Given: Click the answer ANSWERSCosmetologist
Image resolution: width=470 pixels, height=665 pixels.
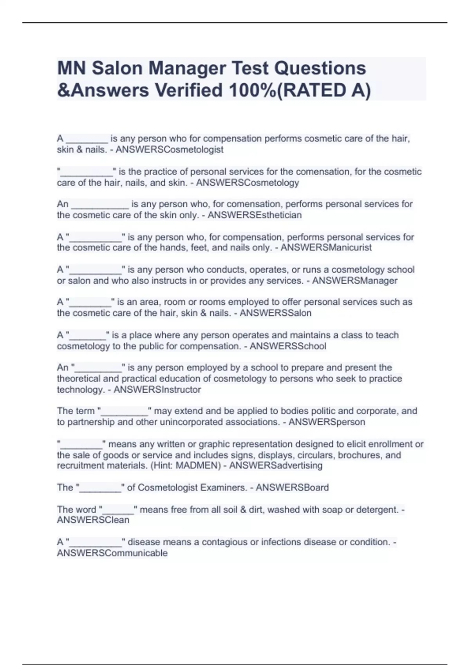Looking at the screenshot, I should pos(170,149).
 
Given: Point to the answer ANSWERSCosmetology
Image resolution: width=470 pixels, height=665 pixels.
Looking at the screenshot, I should pos(248,183).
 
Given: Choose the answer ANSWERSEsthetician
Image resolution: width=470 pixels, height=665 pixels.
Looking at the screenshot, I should pos(255,215).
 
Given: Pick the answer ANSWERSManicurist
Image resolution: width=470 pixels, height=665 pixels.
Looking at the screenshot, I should pos(326,248).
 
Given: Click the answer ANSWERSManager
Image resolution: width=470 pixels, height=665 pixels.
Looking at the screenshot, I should pos(355,280).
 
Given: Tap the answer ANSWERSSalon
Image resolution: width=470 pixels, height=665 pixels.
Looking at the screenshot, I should pos(275,313).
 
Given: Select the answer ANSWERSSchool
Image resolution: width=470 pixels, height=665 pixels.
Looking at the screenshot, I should pos(288,346).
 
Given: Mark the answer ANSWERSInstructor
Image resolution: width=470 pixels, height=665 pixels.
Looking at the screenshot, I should pos(157,390).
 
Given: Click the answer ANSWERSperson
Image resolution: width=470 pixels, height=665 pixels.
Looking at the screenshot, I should pos(327,422).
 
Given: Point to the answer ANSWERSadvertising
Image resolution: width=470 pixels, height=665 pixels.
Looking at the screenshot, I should pos(276,465).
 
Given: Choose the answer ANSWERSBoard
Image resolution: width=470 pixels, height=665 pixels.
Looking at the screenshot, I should pos(292,487).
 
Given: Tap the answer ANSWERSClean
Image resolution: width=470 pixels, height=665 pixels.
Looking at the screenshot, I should pos(93,520).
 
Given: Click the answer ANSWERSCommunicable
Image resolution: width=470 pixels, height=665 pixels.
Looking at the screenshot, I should pos(112,553).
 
